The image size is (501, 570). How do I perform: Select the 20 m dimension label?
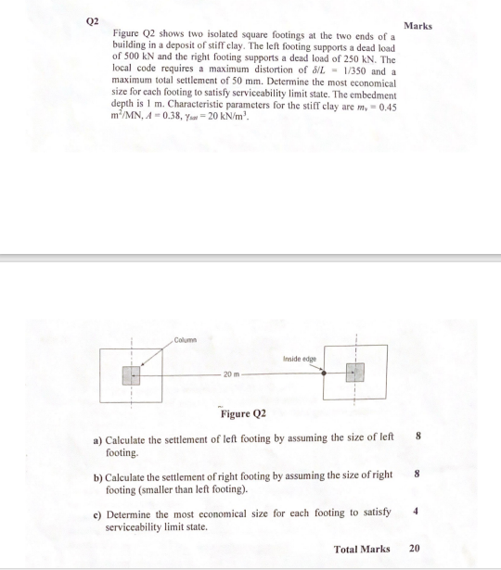tap(232, 374)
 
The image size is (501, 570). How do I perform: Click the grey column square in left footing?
tap(133, 374)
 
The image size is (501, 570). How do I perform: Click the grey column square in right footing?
tap(353, 374)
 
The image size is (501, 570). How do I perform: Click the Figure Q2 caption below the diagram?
tap(243, 413)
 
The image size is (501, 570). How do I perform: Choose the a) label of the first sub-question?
tap(97, 436)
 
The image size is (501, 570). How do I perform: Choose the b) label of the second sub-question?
tap(98, 475)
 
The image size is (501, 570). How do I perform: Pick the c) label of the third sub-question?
tap(98, 513)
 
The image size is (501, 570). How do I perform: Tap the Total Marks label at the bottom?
tap(362, 549)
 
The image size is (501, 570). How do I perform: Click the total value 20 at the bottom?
tap(414, 549)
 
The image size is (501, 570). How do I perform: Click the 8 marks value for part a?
tap(418, 435)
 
